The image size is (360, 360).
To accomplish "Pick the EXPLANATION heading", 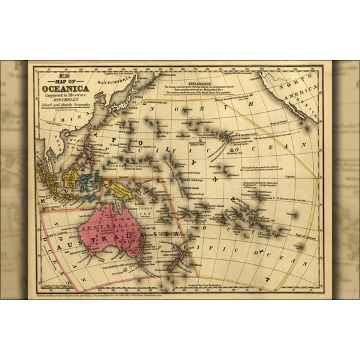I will [x=206, y=82].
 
